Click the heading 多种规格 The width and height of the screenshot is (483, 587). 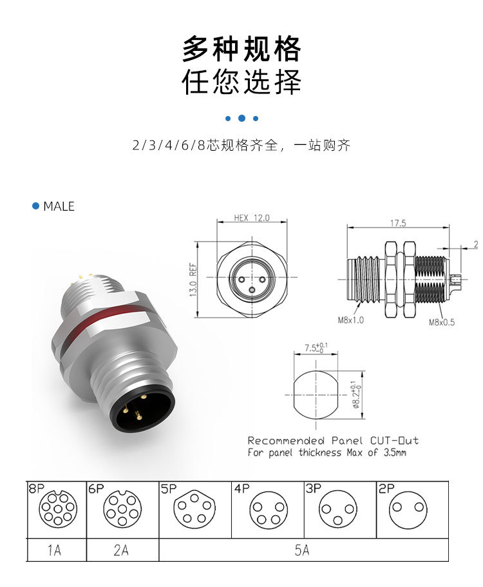(241, 48)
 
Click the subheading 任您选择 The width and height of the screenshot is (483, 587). (241, 82)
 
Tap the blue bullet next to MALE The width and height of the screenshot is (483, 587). (36, 206)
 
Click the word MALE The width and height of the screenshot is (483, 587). (59, 206)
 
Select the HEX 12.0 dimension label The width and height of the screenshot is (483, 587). (251, 218)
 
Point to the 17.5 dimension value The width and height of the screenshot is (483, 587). (397, 224)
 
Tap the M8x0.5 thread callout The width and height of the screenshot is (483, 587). (442, 322)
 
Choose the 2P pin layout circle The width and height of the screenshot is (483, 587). (410, 510)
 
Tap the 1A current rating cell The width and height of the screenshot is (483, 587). (55, 550)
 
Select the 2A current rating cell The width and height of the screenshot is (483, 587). (120, 550)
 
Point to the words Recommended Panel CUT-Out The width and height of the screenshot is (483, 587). (333, 441)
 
